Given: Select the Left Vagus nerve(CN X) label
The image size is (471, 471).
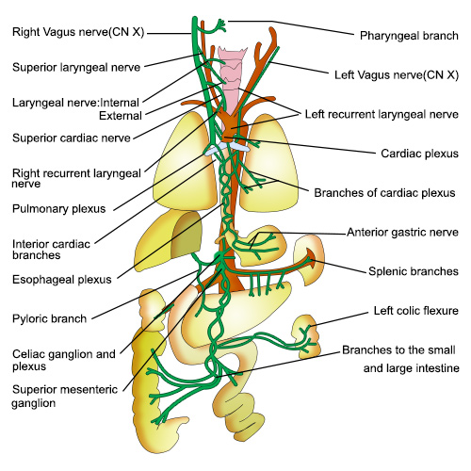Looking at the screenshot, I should tap(396, 73).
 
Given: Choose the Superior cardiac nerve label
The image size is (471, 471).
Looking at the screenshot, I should tap(71, 138).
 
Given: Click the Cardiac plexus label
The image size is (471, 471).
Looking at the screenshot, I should tap(417, 152).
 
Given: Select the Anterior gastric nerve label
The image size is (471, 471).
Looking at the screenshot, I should tap(402, 232).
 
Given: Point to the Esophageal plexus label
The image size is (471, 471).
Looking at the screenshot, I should tap(62, 279).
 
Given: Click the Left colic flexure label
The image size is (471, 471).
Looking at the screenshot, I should tap(414, 310).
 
